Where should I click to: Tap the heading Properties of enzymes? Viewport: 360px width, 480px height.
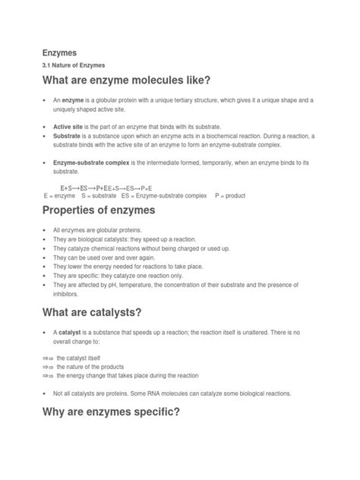(x=109, y=210)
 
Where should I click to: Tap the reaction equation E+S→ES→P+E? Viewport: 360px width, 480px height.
(x=106, y=187)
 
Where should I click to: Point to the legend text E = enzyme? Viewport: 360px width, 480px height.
(x=59, y=195)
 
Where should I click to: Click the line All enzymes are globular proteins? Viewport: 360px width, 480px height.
(x=103, y=229)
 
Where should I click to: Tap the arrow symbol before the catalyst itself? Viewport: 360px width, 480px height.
(x=48, y=357)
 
